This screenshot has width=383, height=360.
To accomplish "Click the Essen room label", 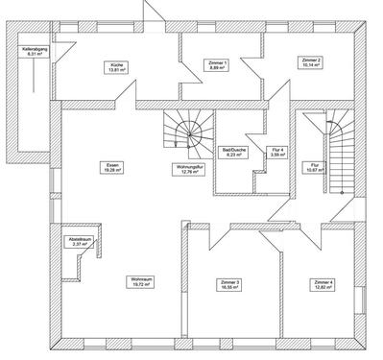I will pos(113,164).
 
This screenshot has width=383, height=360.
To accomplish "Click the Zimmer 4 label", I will pos(323,281).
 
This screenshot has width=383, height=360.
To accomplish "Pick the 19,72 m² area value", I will pos(140,286).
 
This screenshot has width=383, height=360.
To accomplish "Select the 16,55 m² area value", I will pos(230,286).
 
